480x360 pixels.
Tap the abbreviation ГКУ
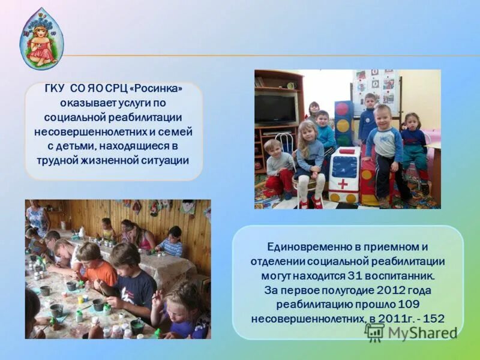[57, 89]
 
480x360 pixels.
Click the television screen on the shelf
[275, 109]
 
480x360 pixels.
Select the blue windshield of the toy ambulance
[344, 164]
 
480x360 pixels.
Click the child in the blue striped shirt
[172, 241]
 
